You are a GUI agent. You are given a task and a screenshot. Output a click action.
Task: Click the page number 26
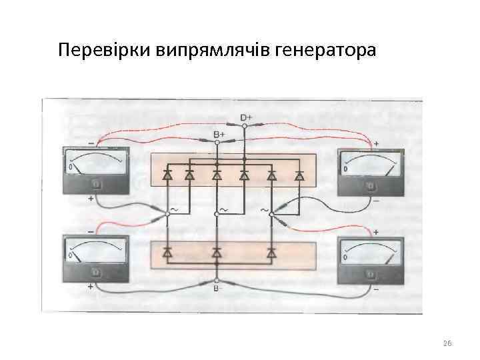(447, 343)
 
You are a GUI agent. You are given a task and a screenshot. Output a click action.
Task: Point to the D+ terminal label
(245, 118)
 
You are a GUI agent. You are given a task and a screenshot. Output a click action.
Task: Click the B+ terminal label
(219, 134)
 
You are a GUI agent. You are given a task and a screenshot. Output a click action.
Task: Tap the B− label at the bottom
(217, 288)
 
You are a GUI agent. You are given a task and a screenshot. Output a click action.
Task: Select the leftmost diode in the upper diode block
(167, 177)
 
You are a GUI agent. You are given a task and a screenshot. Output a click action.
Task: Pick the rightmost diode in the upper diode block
(299, 177)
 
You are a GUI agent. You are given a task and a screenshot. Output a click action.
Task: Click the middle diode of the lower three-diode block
(217, 253)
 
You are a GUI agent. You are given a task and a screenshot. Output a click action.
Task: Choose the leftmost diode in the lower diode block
(167, 253)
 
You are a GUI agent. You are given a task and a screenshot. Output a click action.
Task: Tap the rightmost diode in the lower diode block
(271, 253)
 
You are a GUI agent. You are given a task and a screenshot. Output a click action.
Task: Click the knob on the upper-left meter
(96, 184)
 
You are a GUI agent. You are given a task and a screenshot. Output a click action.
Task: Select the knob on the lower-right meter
(370, 273)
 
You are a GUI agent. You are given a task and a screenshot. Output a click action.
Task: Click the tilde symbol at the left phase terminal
(175, 209)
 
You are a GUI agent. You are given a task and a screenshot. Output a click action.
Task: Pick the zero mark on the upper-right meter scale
(345, 169)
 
